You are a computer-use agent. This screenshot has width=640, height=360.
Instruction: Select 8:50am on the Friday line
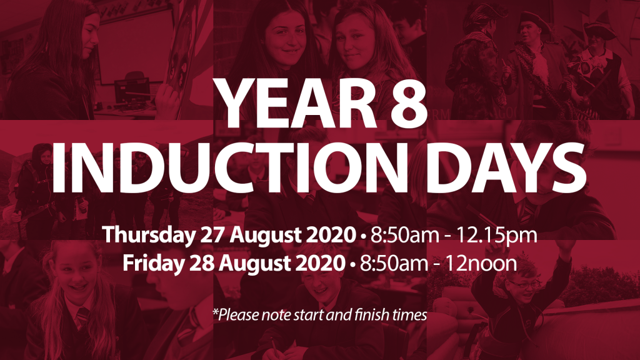click(386, 262)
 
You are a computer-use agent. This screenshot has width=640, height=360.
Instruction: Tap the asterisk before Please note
click(214, 311)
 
